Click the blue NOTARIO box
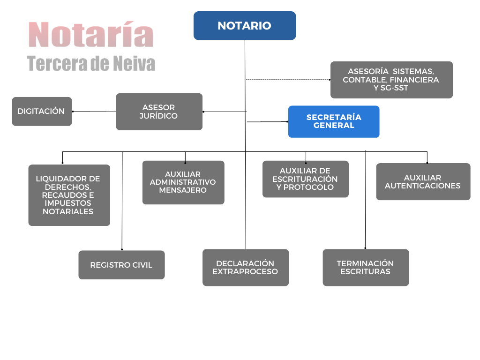pyautogui.click(x=245, y=26)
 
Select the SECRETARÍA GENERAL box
pyautogui.click(x=334, y=121)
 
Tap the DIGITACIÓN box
pyautogui.click(x=42, y=112)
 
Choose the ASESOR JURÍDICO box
pyautogui.click(x=159, y=112)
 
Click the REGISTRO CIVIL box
pyautogui.click(x=121, y=265)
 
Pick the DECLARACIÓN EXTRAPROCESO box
pyautogui.click(x=246, y=268)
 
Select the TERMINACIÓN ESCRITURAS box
pyautogui.click(x=366, y=268)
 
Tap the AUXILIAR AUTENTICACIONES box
pyautogui.click(x=423, y=182)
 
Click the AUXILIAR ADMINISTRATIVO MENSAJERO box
pyautogui.click(x=183, y=182)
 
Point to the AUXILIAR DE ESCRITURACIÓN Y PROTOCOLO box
pyautogui.click(x=306, y=179)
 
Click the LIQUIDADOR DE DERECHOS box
pyautogui.click(x=69, y=195)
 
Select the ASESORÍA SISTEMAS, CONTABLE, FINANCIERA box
pyautogui.click(x=391, y=80)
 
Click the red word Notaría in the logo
pyautogui.click(x=91, y=34)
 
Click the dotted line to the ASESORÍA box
pyautogui.click(x=288, y=80)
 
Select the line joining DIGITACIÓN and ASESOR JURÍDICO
pyautogui.click(x=94, y=112)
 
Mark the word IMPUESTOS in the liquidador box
pyautogui.click(x=68, y=203)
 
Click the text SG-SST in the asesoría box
pyautogui.click(x=394, y=88)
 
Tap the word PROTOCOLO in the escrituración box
pyautogui.click(x=308, y=187)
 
